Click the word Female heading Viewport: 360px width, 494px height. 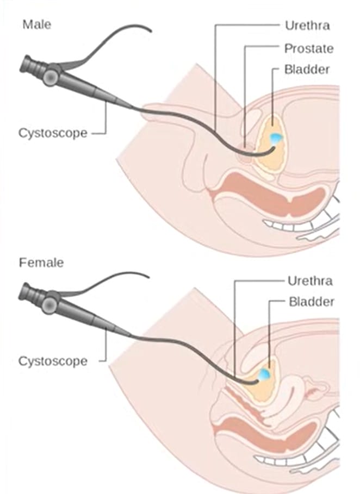[x=41, y=263]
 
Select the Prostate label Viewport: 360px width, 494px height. [x=308, y=48]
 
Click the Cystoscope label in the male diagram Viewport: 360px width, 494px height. [x=52, y=133]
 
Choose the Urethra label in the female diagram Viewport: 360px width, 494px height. [x=309, y=281]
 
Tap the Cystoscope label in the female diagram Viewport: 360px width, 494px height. [x=53, y=361]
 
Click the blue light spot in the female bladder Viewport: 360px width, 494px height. [x=264, y=374]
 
